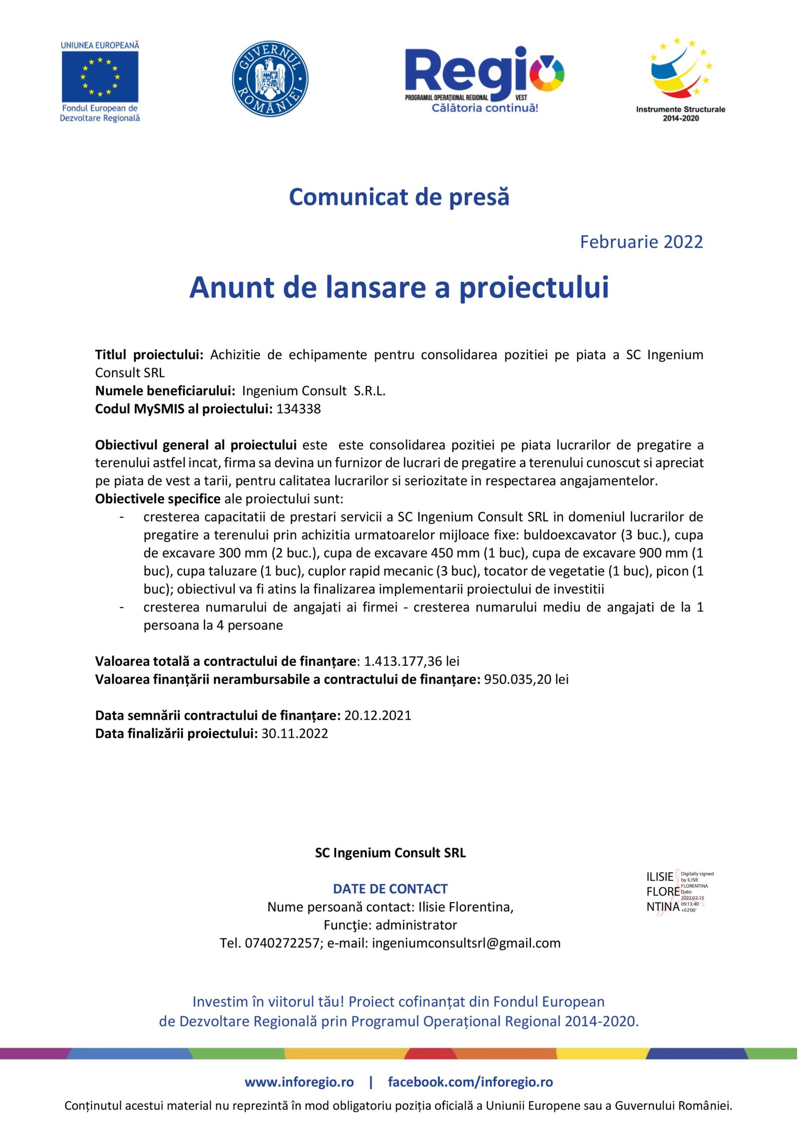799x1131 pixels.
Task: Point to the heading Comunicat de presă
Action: point(399,197)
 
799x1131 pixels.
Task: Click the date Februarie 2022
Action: point(641,242)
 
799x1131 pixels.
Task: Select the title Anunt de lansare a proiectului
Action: point(399,287)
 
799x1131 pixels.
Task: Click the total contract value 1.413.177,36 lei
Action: point(412,661)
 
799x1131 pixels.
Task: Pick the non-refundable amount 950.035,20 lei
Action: point(526,679)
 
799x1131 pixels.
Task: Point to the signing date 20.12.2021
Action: point(377,715)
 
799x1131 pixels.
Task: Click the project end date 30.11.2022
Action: point(295,733)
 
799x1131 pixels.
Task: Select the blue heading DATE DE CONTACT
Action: point(390,888)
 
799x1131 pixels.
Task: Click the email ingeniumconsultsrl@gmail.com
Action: point(466,943)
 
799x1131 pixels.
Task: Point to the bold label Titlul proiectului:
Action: point(149,355)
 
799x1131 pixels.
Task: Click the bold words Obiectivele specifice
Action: point(158,498)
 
